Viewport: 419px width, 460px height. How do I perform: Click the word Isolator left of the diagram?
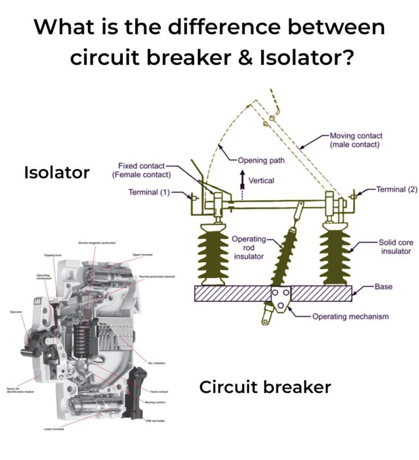pos(57,172)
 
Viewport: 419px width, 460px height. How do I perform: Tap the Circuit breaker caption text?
pos(265,387)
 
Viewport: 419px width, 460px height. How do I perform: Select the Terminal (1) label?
pos(149,192)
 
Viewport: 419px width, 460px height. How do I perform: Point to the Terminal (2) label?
pos(397,189)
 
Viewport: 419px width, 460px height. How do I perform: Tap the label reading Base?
pos(384,286)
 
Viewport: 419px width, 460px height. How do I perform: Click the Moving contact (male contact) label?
pos(356,140)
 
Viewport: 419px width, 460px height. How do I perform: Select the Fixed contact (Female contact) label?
pos(141,170)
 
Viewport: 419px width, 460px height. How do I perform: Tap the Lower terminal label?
pos(53,429)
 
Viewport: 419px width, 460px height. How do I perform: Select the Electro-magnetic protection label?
pos(97,243)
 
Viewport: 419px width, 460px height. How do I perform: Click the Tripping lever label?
pos(53,255)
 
